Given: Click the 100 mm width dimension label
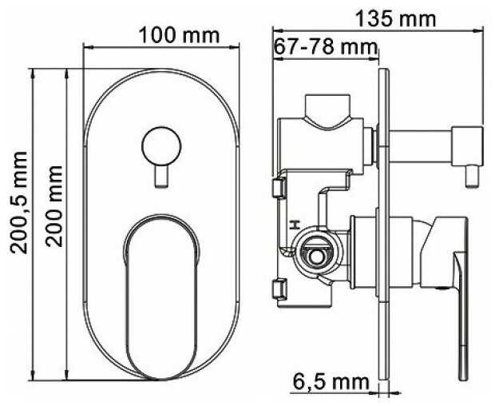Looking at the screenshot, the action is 179,35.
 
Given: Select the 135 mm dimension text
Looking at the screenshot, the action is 395,19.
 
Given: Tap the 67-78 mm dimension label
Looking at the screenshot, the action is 326,47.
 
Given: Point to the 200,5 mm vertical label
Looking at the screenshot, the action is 19,202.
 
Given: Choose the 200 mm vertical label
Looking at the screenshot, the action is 54,206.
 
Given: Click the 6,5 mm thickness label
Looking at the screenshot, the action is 331,382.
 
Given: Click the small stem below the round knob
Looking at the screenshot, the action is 161,177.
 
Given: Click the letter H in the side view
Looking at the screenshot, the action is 295,225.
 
